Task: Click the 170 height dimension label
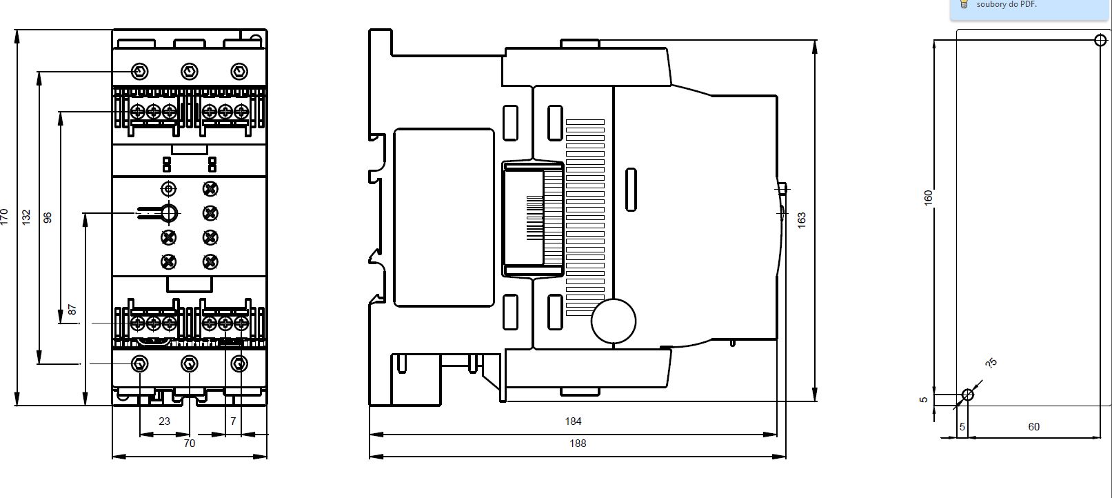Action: coord(4,217)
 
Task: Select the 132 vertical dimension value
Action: coord(26,217)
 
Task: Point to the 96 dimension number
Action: coord(48,217)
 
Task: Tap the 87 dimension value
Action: coord(72,310)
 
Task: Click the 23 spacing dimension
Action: coord(164,421)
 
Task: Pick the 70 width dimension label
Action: coord(190,444)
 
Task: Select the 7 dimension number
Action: coord(233,421)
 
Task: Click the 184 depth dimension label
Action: coord(573,421)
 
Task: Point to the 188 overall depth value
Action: coord(578,444)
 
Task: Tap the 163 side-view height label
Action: coord(802,221)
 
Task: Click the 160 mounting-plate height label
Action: coord(929,197)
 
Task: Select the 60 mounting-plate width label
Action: coord(1034,426)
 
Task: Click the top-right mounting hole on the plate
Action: coord(1100,40)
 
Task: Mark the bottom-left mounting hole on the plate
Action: coord(968,395)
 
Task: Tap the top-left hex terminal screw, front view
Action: coord(139,72)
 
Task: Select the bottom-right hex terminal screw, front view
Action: coord(239,364)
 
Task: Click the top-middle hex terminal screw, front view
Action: coord(190,72)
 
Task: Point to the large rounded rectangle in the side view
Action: coord(394,217)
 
